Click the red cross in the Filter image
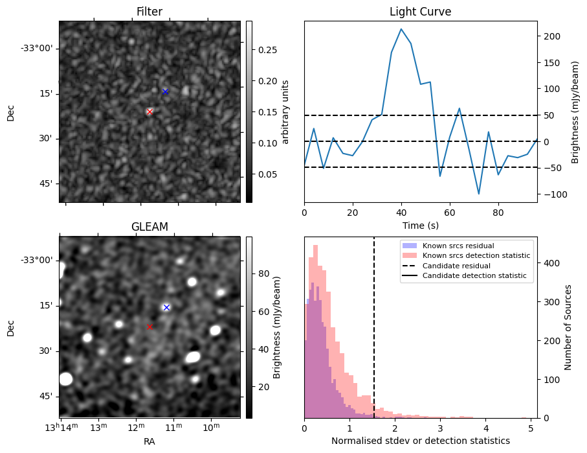click(x=150, y=111)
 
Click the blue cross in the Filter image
click(x=165, y=91)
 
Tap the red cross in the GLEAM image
click(x=150, y=327)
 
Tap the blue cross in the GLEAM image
click(x=166, y=307)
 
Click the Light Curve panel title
click(x=420, y=12)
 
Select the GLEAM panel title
click(x=150, y=227)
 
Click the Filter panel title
click(x=150, y=12)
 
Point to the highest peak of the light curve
click(x=401, y=29)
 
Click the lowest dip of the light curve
click(x=479, y=194)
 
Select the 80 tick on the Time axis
click(x=498, y=212)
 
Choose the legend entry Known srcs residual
click(x=458, y=246)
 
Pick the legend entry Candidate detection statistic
click(x=474, y=276)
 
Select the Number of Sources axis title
click(x=568, y=327)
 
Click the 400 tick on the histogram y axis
click(x=549, y=263)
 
